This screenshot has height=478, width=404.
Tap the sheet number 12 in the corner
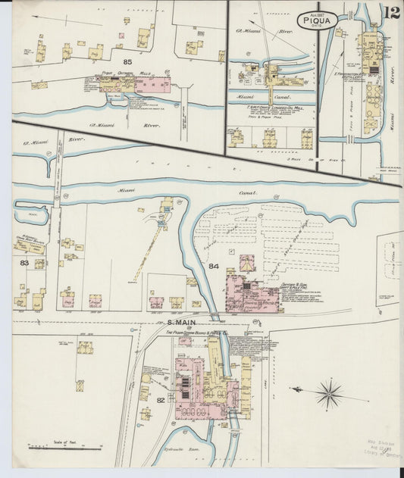[391, 13]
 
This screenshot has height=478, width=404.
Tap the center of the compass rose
[329, 392]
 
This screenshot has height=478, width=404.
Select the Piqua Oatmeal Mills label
[118, 73]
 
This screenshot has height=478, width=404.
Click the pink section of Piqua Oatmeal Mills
[152, 85]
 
